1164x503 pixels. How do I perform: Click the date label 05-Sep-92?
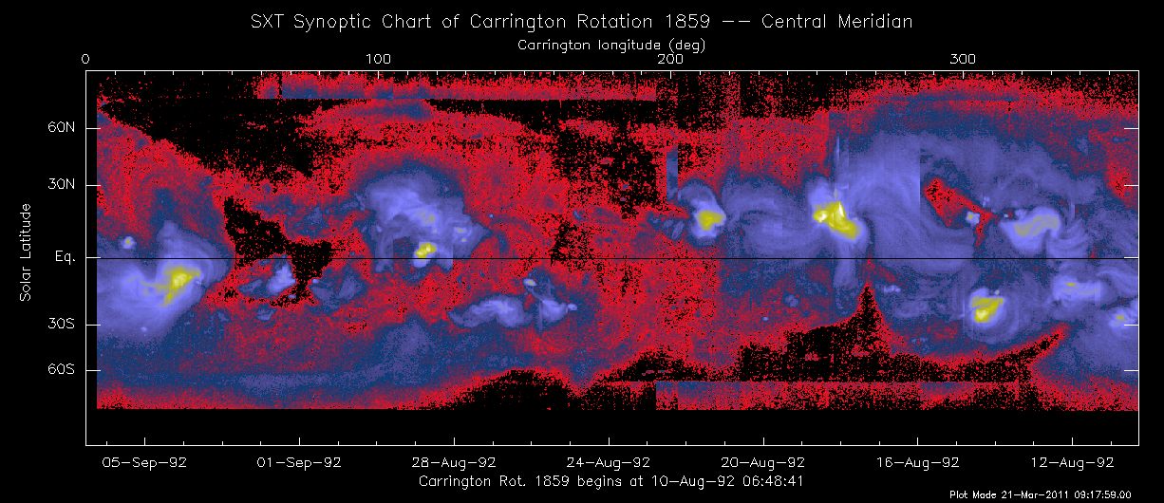click(145, 463)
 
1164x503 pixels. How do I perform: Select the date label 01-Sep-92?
click(299, 463)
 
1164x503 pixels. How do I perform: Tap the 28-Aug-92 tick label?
click(454, 463)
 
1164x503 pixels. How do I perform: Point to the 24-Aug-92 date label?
click(609, 463)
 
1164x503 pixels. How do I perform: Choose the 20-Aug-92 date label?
click(763, 463)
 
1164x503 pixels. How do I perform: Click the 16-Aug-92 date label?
click(917, 463)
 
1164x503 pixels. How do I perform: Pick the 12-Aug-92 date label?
click(1072, 463)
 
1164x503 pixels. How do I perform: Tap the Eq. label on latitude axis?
click(64, 257)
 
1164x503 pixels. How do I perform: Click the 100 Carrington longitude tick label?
click(378, 59)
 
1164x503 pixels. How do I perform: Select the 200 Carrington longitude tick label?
click(671, 59)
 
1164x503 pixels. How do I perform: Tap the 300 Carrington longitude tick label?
click(964, 59)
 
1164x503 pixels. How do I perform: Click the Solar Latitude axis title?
click(26, 252)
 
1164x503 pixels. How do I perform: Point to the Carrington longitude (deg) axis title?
click(611, 44)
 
